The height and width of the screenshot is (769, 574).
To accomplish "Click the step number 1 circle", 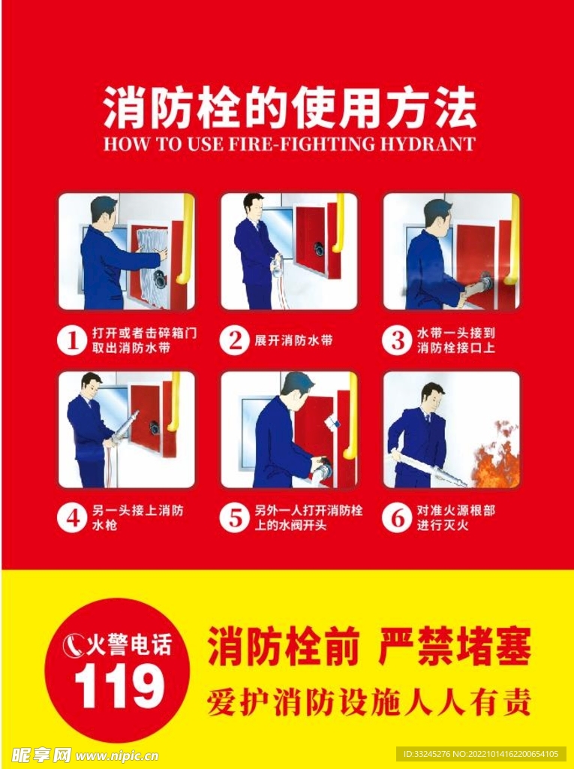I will pyautogui.click(x=73, y=340).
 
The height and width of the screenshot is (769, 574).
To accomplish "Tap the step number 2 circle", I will pyautogui.click(x=235, y=340).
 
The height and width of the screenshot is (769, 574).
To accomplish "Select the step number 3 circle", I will pyautogui.click(x=398, y=340).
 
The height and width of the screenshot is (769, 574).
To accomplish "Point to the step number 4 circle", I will pyautogui.click(x=73, y=518).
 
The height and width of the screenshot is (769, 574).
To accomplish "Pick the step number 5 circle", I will pyautogui.click(x=235, y=518).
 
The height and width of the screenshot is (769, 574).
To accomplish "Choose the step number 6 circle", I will pyautogui.click(x=398, y=518).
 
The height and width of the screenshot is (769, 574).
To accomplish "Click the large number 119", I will pyautogui.click(x=119, y=686).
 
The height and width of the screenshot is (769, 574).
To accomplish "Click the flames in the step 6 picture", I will pyautogui.click(x=496, y=459).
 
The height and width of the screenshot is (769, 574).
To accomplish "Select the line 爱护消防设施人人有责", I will pyautogui.click(x=368, y=703).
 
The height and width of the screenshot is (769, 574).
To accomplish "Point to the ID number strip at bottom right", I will pyautogui.click(x=481, y=754).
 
